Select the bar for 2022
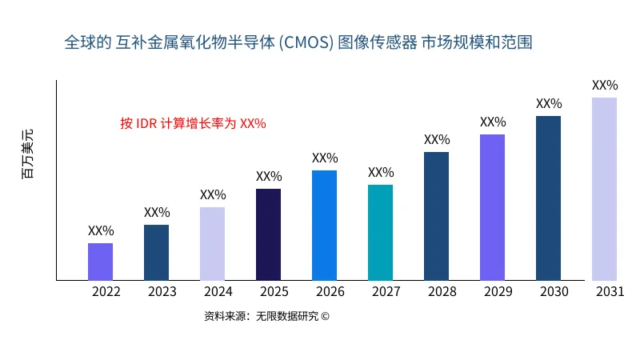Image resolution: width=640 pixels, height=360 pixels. (100, 262)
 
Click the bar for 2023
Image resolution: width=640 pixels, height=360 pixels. (156, 253)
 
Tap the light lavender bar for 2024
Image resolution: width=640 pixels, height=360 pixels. (212, 244)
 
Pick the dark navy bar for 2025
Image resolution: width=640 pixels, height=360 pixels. (268, 234)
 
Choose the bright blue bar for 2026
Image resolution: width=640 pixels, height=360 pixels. (324, 226)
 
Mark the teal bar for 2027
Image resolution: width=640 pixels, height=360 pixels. (380, 233)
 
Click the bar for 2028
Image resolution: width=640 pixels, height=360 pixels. (436, 216)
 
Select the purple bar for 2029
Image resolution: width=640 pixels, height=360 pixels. (492, 207)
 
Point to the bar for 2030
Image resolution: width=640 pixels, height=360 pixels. (548, 198)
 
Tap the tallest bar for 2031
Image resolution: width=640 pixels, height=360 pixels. (604, 189)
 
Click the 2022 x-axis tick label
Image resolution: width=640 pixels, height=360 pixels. (106, 292)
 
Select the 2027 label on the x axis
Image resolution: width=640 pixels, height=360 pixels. (386, 292)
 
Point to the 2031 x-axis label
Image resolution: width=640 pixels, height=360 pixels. (610, 292)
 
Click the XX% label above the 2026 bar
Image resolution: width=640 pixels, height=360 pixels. (325, 158)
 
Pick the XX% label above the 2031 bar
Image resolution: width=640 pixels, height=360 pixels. (605, 85)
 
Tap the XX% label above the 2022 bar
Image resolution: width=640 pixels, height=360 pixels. (101, 230)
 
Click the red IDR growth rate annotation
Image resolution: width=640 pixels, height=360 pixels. (193, 123)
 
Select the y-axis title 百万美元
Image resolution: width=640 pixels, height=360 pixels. (28, 154)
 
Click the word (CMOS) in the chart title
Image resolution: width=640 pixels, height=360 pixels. (307, 42)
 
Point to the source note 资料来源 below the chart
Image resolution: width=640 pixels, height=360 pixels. (266, 316)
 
